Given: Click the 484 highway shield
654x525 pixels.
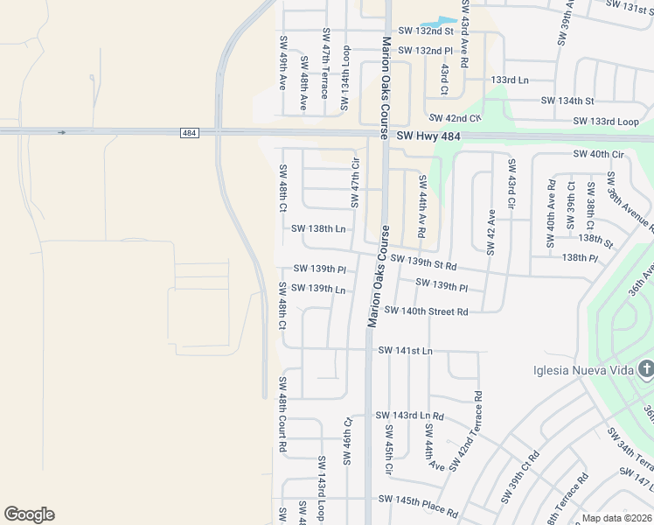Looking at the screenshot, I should point(190,132).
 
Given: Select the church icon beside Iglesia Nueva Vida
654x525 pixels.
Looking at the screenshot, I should point(645,369).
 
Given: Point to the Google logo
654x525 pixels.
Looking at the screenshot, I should point(29,514).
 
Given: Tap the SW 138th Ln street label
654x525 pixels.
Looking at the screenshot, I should point(319,228).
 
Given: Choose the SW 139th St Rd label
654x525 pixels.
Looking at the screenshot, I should point(423,262).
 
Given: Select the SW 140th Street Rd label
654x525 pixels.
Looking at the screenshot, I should point(426,311).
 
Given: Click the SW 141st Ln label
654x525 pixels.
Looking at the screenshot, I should point(405,350).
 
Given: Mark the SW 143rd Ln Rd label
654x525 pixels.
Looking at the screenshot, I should point(409,415).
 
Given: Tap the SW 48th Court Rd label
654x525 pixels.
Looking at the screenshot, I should point(282,414).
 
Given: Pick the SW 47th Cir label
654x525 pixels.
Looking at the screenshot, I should point(356,183).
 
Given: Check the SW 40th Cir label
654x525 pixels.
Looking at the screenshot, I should point(599,154).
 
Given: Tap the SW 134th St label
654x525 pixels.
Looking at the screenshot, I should point(567,101).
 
